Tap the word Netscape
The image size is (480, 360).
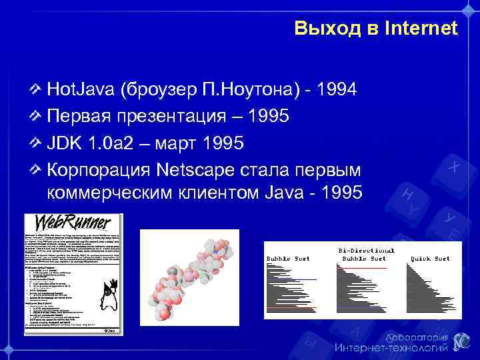coord(196,170)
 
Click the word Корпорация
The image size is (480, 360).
coord(99,170)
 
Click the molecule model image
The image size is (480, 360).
coord(189,277)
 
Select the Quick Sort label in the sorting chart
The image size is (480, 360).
coord(423,258)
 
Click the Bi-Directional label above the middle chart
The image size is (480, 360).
coord(364,251)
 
